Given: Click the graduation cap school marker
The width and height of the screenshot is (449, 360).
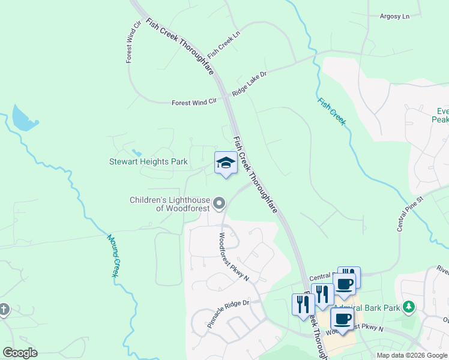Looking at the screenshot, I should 226,163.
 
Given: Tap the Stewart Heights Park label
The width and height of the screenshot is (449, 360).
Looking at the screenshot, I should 148,161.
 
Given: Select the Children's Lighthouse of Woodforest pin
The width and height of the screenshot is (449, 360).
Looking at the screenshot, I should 219,204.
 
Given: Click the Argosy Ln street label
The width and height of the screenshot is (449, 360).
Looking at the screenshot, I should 394,16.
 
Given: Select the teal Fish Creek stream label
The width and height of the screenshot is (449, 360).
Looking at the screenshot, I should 332,111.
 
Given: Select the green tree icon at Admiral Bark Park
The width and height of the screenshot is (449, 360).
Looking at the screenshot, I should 409,308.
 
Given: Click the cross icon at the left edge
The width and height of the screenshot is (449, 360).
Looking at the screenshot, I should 4,309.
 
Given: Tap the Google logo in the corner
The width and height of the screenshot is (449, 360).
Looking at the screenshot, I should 20,353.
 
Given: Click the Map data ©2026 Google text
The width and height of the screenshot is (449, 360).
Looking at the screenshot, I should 411,355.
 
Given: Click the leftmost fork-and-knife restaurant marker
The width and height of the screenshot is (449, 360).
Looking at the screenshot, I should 301,304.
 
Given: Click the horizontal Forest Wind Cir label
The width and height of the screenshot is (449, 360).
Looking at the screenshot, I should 193,103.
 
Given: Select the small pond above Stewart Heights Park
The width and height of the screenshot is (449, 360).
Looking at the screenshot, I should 137,152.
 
